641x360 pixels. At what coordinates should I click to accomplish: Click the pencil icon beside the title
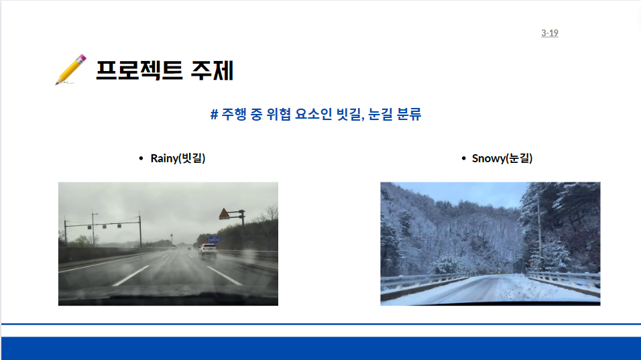click(70, 70)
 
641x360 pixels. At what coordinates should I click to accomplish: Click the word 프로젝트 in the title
click(139, 70)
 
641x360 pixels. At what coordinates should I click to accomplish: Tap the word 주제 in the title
click(212, 70)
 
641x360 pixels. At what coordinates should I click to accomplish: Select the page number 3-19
click(549, 33)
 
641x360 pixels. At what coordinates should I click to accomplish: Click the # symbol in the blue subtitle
click(214, 114)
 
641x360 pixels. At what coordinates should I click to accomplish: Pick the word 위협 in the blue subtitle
click(278, 114)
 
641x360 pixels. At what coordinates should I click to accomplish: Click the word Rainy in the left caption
click(164, 158)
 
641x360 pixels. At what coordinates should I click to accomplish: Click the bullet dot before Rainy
click(141, 158)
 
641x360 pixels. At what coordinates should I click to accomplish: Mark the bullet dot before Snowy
click(463, 158)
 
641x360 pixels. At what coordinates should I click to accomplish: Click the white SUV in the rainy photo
click(208, 249)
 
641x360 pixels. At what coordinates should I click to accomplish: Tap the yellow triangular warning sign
click(224, 214)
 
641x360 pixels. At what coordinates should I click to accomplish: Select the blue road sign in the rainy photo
click(214, 240)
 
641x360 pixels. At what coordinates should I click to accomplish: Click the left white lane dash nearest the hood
click(131, 276)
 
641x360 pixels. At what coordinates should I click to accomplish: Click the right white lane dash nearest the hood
click(224, 276)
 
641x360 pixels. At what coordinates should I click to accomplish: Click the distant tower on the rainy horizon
click(172, 240)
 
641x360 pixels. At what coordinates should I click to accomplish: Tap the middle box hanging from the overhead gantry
click(104, 227)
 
